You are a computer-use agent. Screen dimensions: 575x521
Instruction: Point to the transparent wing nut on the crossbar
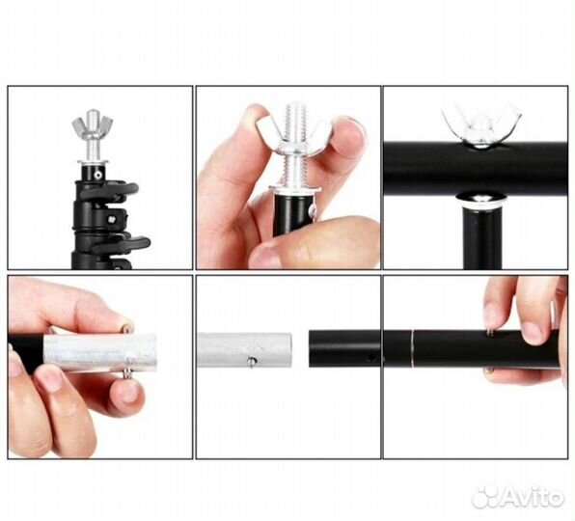481,126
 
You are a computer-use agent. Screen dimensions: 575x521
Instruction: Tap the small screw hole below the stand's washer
96,175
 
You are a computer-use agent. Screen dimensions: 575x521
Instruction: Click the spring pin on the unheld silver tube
251,362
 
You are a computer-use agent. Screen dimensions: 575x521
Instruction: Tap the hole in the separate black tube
370,357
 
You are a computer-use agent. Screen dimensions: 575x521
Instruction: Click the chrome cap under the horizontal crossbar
481,199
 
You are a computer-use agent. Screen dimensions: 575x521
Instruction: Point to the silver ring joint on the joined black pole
413,348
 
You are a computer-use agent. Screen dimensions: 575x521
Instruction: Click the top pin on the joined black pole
490,332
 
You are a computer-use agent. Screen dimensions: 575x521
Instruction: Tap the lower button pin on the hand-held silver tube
127,374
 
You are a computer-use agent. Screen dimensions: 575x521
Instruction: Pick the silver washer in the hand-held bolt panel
295,190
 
